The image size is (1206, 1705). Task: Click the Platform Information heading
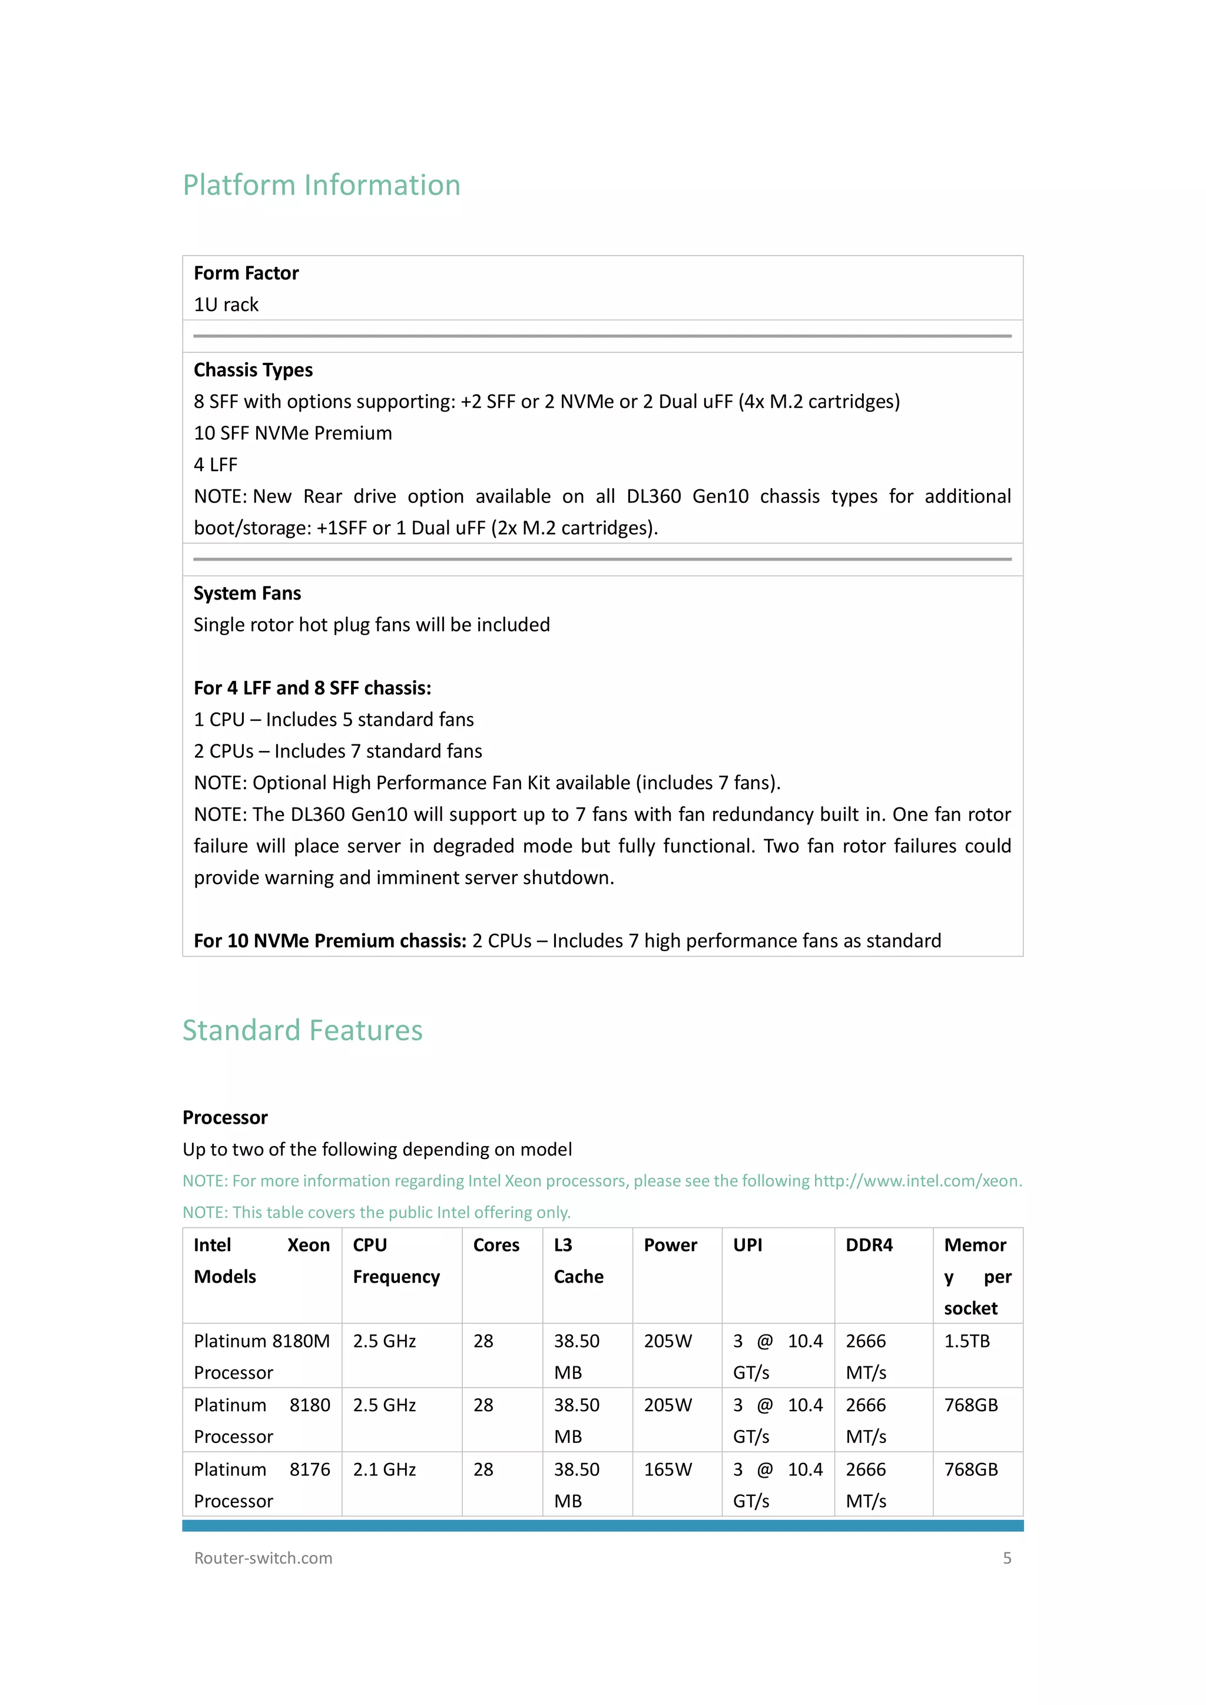(322, 185)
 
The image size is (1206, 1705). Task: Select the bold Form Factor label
(246, 273)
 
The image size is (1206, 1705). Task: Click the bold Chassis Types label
(253, 370)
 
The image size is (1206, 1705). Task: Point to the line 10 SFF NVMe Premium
(293, 433)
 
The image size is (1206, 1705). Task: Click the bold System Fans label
(247, 593)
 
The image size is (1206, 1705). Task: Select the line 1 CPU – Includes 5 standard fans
(333, 720)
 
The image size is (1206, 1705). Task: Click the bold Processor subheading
(225, 1118)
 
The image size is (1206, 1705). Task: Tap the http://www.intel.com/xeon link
(917, 1181)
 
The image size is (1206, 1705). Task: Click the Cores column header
(496, 1246)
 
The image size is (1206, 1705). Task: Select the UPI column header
(747, 1246)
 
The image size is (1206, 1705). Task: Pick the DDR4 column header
(869, 1246)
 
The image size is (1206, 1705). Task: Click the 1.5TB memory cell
(966, 1341)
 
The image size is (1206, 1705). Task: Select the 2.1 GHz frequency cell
(384, 1469)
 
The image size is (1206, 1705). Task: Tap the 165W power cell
(668, 1469)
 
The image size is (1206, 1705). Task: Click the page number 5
(1007, 1558)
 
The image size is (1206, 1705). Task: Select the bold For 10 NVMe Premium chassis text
(330, 941)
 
